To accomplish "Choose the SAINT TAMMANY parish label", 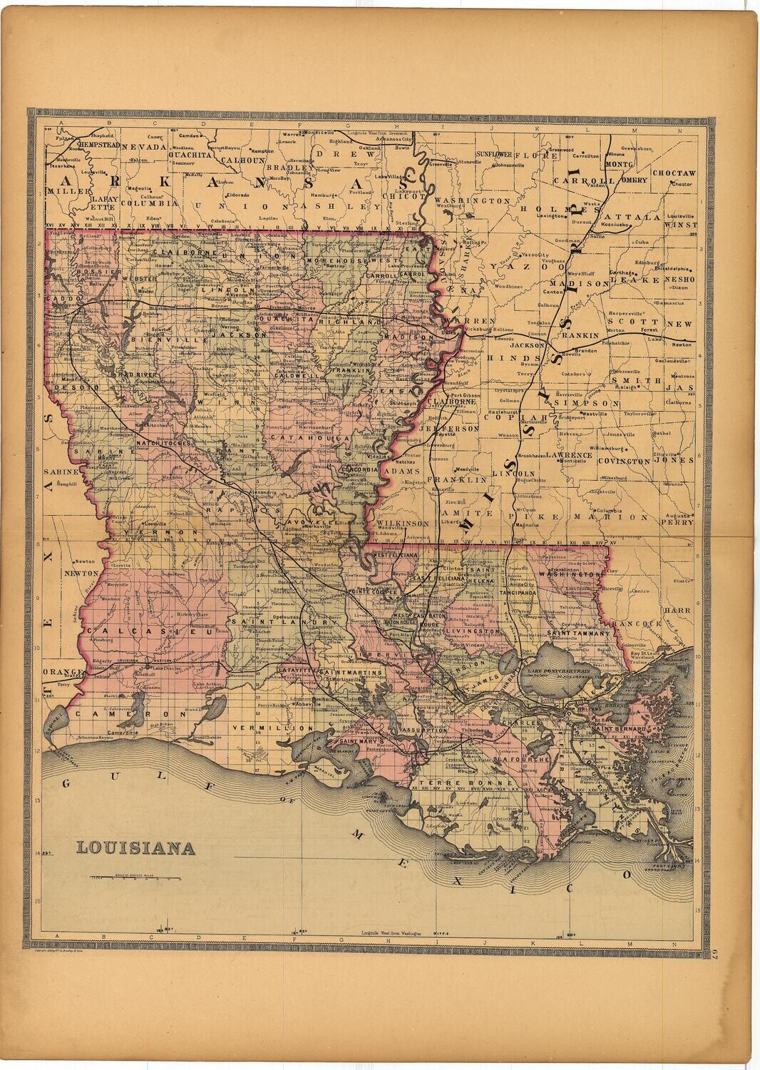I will click(580, 633).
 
